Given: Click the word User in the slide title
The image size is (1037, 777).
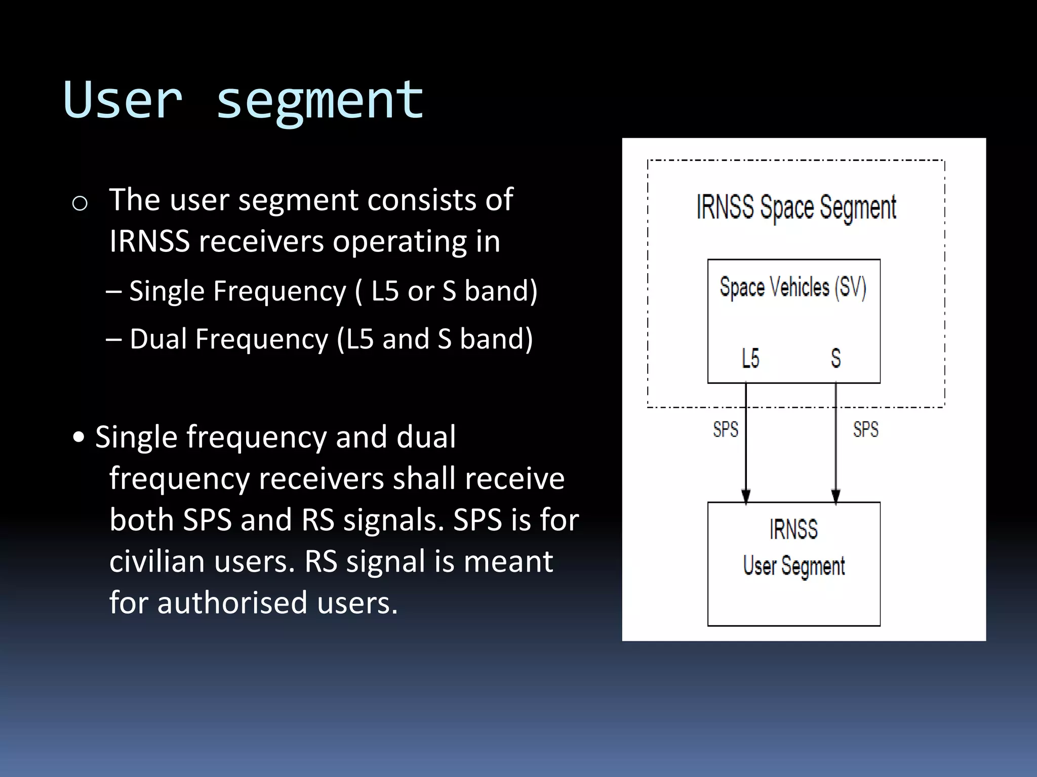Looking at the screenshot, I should click(123, 100).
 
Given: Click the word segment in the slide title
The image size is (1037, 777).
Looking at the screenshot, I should click(320, 101).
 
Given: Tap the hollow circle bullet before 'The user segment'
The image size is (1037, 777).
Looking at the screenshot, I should click(80, 204).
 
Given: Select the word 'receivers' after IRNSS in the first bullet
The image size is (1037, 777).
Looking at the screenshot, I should click(261, 241).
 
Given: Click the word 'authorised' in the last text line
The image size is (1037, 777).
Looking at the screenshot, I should click(232, 602).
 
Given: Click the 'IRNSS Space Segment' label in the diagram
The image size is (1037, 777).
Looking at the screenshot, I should click(796, 207).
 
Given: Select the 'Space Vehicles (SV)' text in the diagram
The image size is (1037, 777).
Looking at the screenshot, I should click(793, 287).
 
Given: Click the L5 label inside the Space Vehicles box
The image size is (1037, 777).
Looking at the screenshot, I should click(750, 358).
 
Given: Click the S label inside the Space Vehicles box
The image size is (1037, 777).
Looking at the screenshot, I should click(836, 358).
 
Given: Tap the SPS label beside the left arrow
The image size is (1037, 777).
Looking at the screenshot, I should click(726, 429).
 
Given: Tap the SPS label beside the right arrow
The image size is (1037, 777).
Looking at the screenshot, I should click(866, 429).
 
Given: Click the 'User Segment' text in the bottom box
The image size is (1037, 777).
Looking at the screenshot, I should click(793, 566).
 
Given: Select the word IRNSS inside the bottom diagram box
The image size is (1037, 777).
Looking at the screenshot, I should click(793, 530).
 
